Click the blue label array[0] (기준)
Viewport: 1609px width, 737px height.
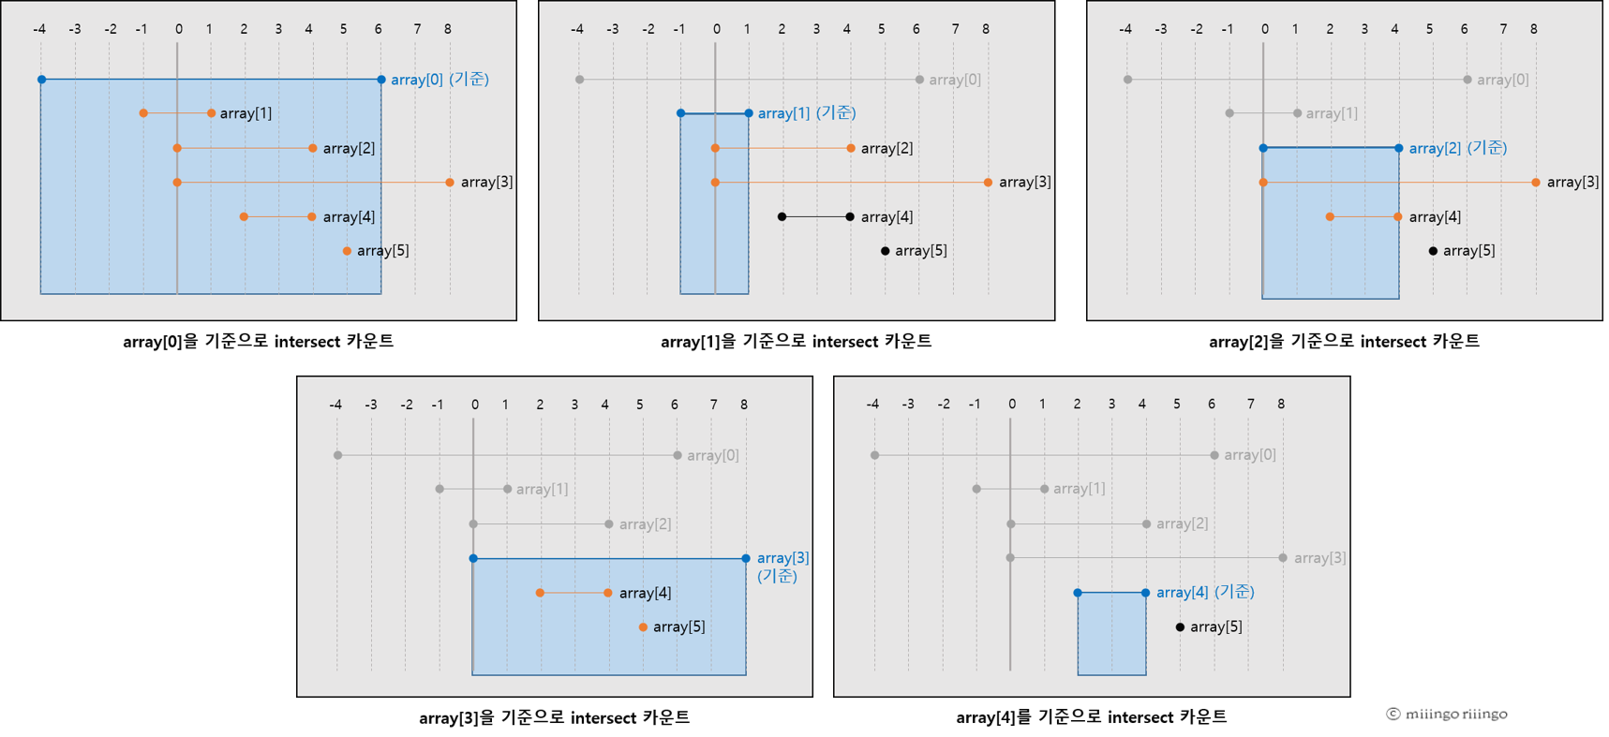(x=439, y=80)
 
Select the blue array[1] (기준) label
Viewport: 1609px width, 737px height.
(x=806, y=113)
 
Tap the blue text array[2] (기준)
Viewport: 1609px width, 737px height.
(x=1457, y=148)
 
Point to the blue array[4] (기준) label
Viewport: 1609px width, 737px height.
(x=1204, y=592)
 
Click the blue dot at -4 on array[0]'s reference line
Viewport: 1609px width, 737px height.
(x=41, y=80)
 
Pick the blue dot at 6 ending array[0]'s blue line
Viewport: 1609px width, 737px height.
(x=380, y=80)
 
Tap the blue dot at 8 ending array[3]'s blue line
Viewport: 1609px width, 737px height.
(x=746, y=558)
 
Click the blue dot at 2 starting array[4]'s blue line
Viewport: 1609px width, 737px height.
(x=1078, y=593)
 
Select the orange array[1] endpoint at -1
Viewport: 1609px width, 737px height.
(x=143, y=113)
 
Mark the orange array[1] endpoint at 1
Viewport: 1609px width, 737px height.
(x=211, y=113)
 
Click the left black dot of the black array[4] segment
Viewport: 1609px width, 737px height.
(x=782, y=217)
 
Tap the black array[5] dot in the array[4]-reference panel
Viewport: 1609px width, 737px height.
(x=1180, y=626)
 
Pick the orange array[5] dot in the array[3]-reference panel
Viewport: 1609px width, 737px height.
(x=643, y=626)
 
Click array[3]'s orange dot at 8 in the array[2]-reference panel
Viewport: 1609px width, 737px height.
(x=1535, y=183)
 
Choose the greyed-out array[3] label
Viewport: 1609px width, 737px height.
(x=1319, y=558)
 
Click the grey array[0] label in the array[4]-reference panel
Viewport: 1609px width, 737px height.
(x=1249, y=455)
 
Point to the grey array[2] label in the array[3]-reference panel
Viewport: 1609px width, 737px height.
(x=645, y=524)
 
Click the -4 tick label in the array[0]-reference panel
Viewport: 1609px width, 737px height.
(x=39, y=29)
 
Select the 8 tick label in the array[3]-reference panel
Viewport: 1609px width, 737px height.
(x=744, y=405)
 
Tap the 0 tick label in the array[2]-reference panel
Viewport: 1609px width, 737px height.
(x=1264, y=29)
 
